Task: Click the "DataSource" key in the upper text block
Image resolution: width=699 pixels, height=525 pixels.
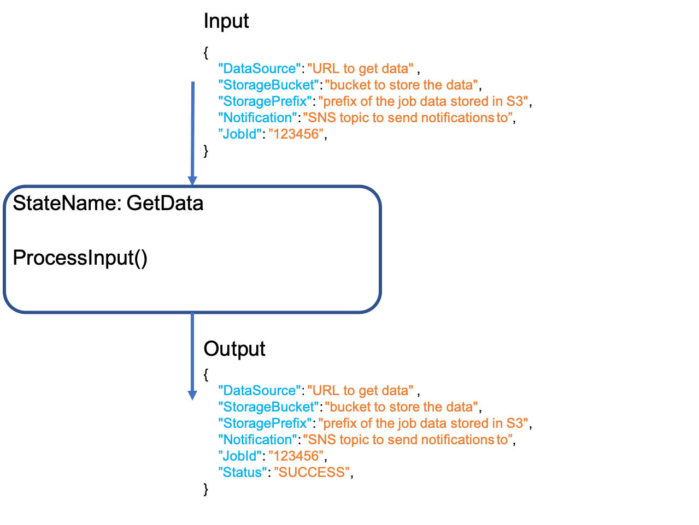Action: pyautogui.click(x=259, y=69)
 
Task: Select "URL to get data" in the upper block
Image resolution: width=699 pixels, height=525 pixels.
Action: pyautogui.click(x=360, y=69)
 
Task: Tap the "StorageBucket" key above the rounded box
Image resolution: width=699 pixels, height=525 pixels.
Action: pyautogui.click(x=268, y=85)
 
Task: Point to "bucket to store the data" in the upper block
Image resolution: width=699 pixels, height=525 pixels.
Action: pyautogui.click(x=401, y=85)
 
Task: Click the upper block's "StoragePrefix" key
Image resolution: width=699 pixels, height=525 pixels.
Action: pyautogui.click(x=265, y=102)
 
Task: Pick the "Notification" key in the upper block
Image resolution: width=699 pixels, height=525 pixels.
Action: pyautogui.click(x=257, y=118)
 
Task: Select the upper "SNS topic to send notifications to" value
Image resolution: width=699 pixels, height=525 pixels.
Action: pyautogui.click(x=407, y=118)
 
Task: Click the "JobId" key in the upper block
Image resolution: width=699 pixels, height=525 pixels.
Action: pyautogui.click(x=239, y=134)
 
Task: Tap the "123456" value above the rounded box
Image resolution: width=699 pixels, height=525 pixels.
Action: pyautogui.click(x=296, y=134)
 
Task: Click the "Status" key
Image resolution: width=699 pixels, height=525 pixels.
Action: pyautogui.click(x=242, y=473)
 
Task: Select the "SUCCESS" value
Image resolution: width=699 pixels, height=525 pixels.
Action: pyautogui.click(x=311, y=473)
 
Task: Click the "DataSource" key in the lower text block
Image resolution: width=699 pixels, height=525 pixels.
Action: pyautogui.click(x=259, y=391)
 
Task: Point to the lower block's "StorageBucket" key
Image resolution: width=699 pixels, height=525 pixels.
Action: pyautogui.click(x=268, y=407)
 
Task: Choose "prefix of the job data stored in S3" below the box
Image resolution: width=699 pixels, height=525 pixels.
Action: pyautogui.click(x=423, y=423)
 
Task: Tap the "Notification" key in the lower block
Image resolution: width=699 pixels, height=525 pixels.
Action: pyautogui.click(x=257, y=440)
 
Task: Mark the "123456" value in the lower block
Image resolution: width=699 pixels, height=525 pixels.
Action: pyautogui.click(x=296, y=456)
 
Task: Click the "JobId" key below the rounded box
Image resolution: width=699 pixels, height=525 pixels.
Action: pyautogui.click(x=239, y=456)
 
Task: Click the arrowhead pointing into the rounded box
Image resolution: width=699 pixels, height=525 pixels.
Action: pyautogui.click(x=192, y=181)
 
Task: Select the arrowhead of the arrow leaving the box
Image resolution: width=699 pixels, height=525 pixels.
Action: pyautogui.click(x=192, y=395)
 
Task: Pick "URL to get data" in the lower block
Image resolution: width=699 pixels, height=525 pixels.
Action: pyautogui.click(x=360, y=391)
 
